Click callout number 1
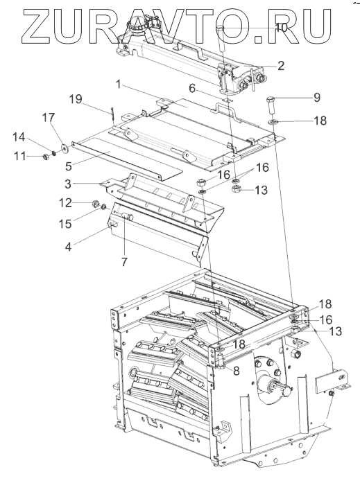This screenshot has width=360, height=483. coord(119,85)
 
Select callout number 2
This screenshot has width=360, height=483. coord(280,66)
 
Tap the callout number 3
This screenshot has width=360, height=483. coord(69,184)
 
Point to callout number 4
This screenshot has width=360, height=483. coord(68,247)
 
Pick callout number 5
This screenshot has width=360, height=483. coord(69,166)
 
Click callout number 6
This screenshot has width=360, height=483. coord(192,89)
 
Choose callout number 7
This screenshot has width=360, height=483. coord(124,262)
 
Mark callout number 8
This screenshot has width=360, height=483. coord(237,371)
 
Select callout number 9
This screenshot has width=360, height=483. coord(317,98)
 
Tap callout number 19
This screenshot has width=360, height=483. coord(76,99)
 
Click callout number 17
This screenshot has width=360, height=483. coord(49,118)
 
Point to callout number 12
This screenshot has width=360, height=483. coord(65,202)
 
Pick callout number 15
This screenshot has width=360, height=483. coord(65,224)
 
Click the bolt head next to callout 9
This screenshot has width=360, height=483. coord(269,100)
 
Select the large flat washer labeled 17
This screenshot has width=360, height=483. coord(65,148)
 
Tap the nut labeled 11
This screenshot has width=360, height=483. coord(44,157)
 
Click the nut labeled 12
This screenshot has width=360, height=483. coord(96,203)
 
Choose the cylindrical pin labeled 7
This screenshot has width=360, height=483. coord(128,218)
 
